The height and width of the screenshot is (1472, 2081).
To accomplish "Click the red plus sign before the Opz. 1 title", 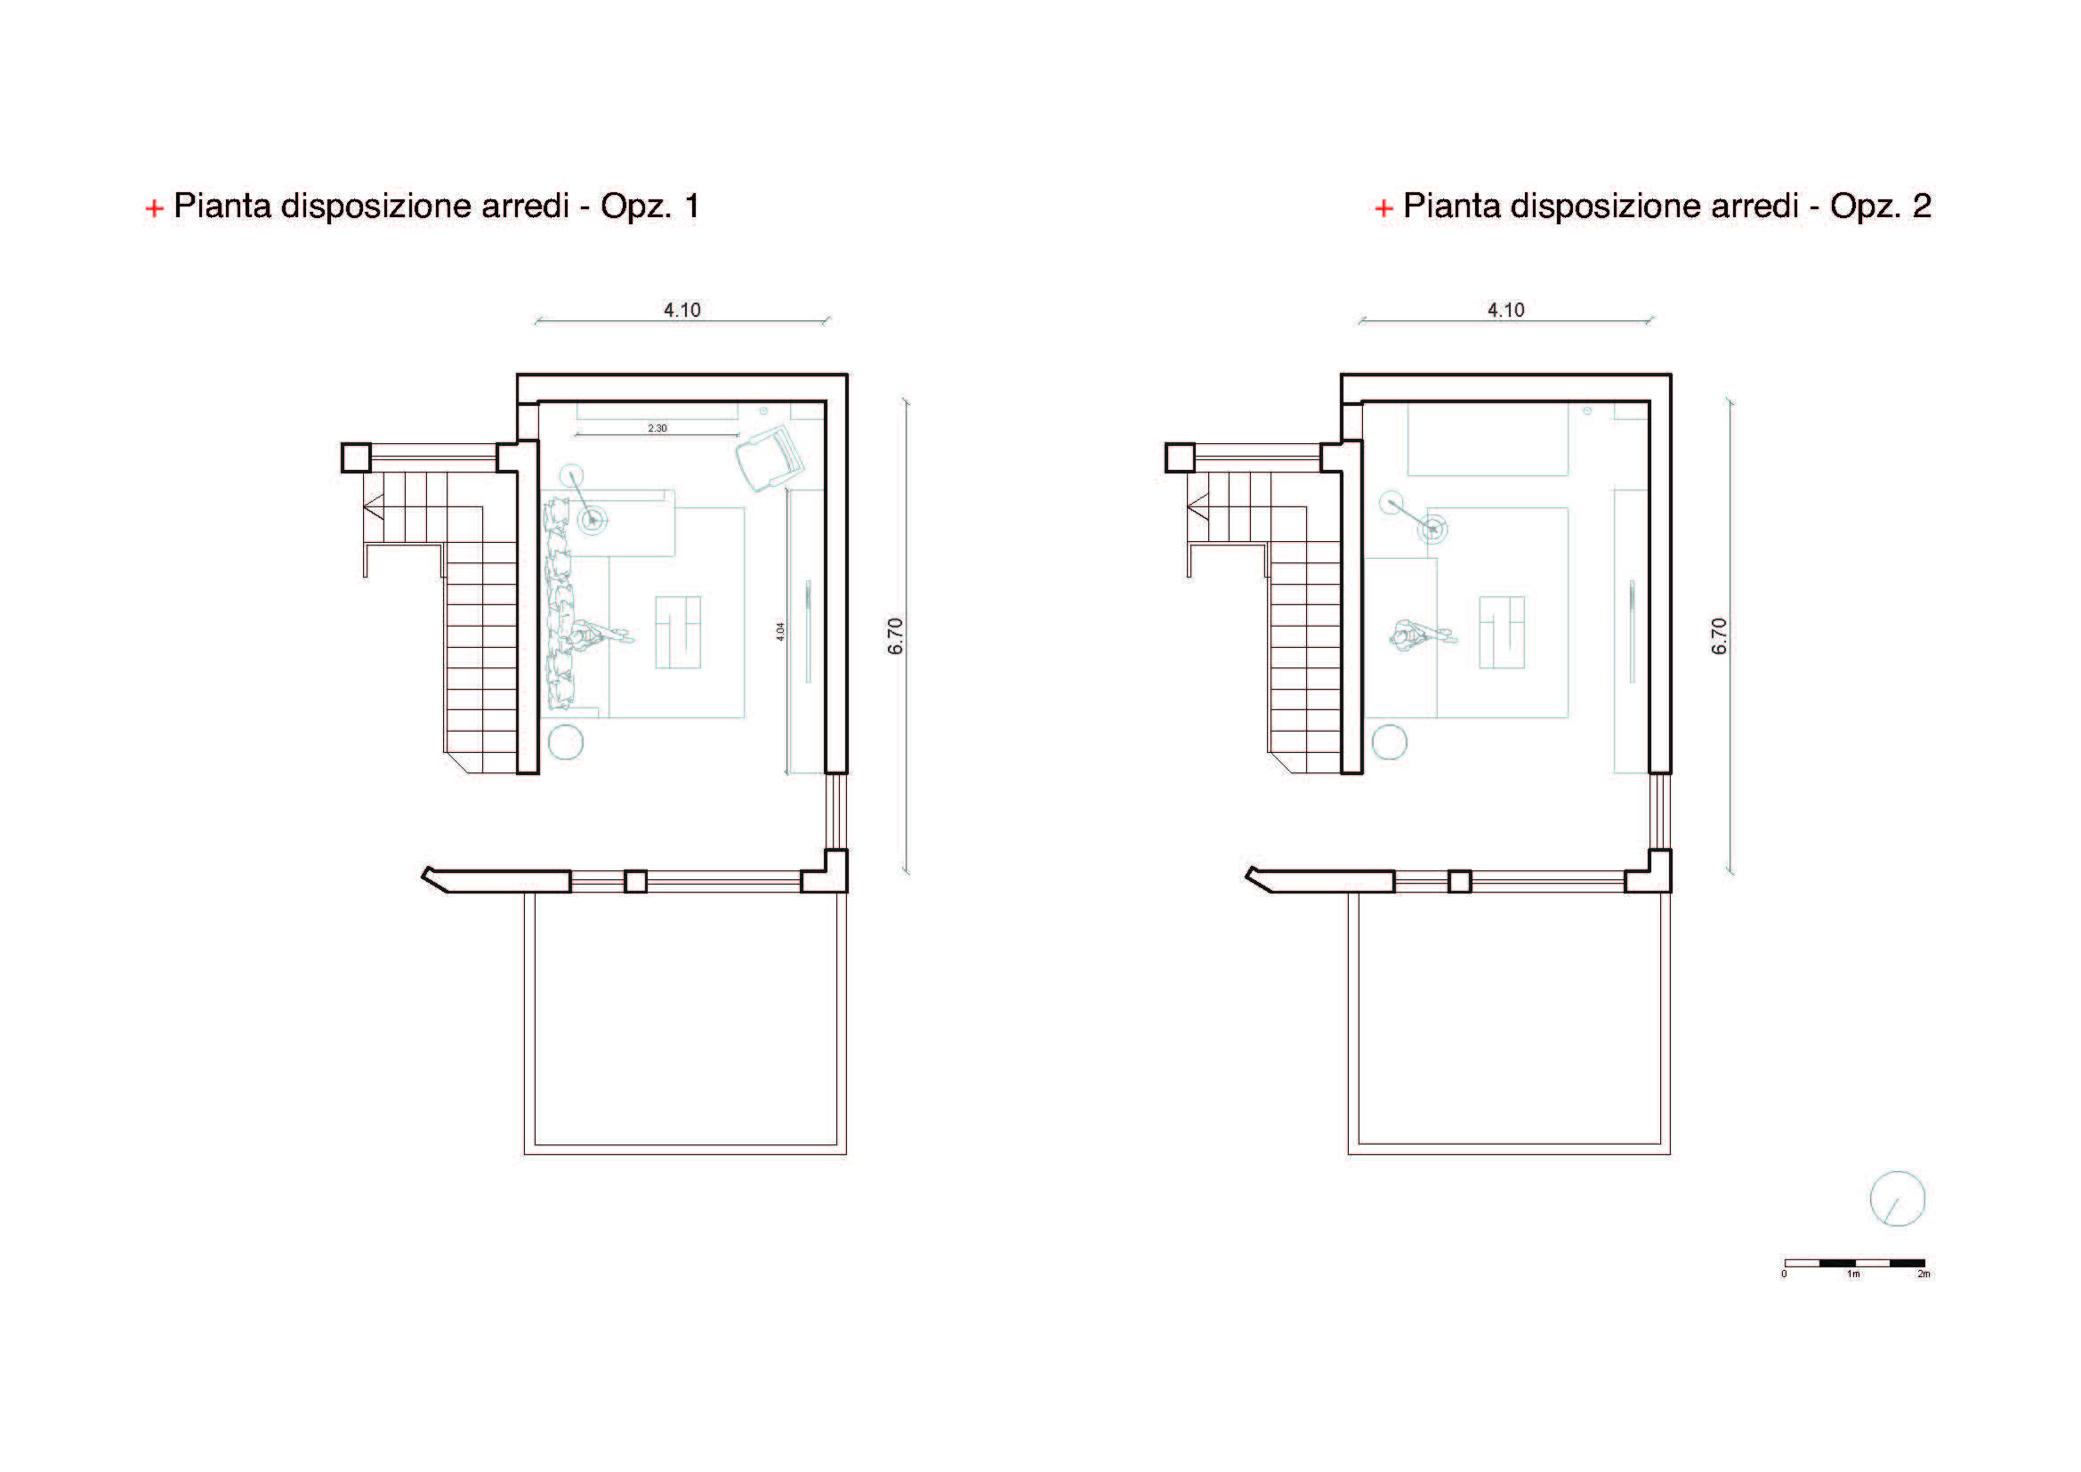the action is tap(154, 208).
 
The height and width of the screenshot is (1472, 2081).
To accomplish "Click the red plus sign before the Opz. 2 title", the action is tap(1383, 208).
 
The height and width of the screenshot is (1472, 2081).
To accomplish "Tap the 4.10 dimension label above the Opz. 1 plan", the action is tap(682, 310).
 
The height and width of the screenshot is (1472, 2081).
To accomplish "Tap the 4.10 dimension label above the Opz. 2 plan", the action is tap(1505, 310).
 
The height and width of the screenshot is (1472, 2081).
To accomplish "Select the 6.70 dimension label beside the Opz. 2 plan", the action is tap(1720, 636).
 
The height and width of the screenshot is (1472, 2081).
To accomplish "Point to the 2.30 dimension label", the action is tap(657, 428).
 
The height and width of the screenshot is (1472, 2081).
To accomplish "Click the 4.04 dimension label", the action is tap(780, 632).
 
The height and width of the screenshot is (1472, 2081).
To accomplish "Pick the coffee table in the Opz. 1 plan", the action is tap(678, 632).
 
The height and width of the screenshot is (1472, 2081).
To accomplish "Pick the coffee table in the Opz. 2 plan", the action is tap(1502, 632).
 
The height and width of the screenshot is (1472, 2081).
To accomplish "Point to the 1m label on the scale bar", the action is tap(1853, 1274).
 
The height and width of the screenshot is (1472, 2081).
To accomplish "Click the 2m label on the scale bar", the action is tap(1924, 1274).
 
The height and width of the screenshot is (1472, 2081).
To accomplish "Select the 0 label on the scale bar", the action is tap(1784, 1274).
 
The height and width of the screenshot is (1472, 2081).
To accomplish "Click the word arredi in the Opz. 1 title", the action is tap(525, 206).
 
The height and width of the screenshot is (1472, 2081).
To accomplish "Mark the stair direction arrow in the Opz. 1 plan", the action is tap(373, 508).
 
